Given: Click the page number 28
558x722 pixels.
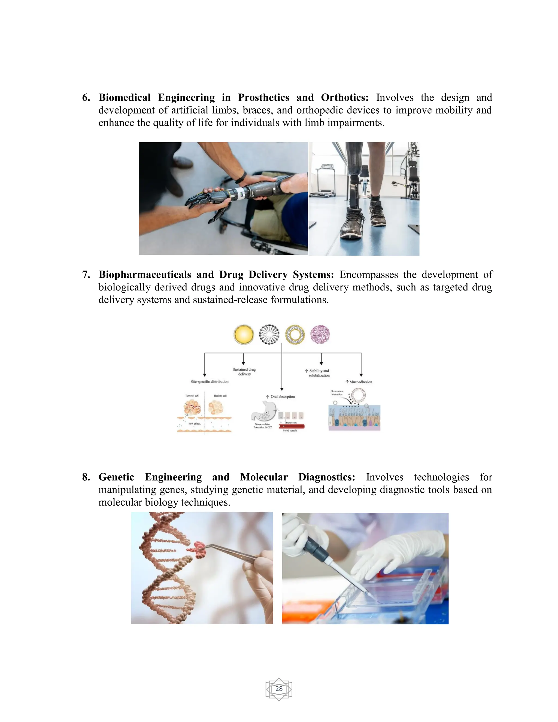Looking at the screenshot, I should (x=279, y=688).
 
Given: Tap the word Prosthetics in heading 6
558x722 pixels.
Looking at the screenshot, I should (x=263, y=98).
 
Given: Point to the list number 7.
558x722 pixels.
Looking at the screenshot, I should (x=86, y=274).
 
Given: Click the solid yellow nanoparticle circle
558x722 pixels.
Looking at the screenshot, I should (x=244, y=334).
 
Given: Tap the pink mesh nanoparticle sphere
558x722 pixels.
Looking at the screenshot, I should (x=320, y=334).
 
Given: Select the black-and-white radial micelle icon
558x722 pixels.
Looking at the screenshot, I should (x=269, y=334).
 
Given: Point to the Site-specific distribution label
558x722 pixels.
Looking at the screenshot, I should (x=209, y=381).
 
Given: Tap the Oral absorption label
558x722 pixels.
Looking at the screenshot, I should (x=281, y=396).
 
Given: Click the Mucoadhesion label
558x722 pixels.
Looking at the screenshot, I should (x=359, y=382).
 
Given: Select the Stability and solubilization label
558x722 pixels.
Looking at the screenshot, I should (x=318, y=373).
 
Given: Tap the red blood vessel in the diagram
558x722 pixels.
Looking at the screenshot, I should (x=291, y=426).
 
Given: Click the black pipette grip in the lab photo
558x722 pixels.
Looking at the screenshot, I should (x=315, y=545).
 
